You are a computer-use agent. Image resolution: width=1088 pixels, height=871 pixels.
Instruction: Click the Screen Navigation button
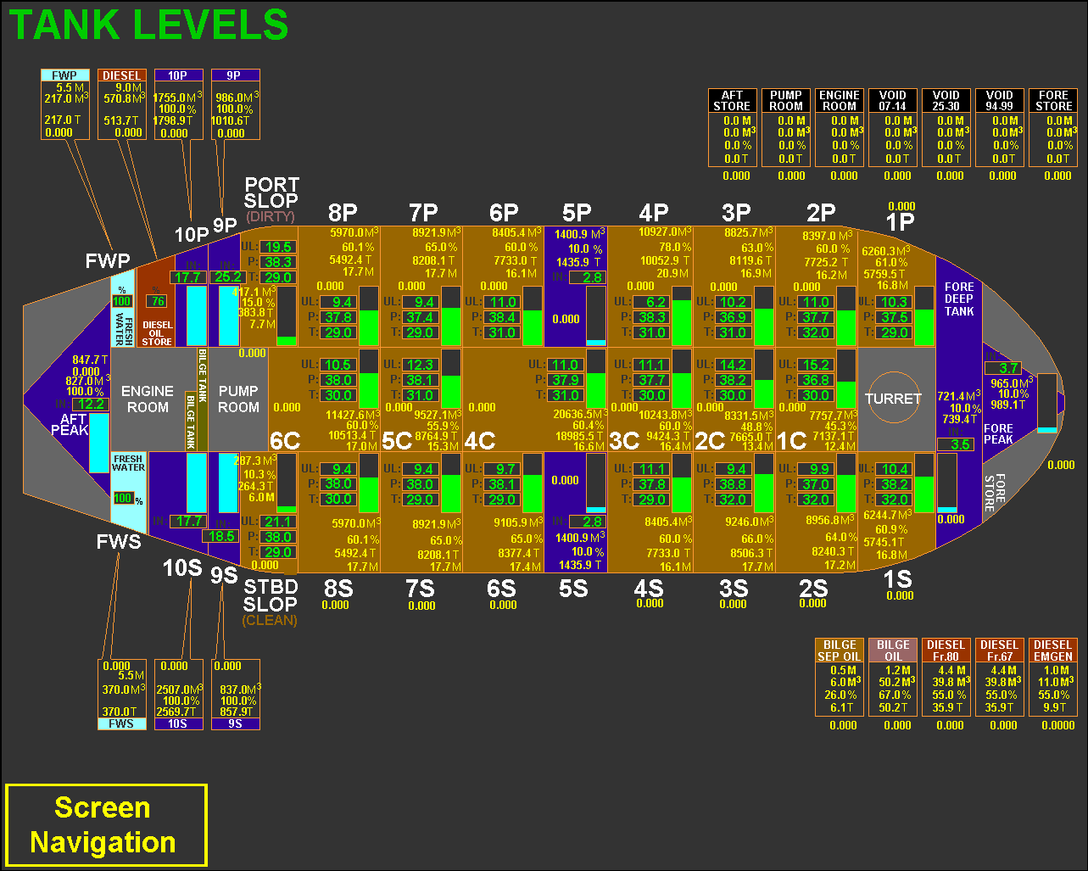[106, 825]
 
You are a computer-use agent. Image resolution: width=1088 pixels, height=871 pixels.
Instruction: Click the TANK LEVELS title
[148, 25]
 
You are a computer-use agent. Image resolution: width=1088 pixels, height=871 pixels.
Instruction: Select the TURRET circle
[893, 398]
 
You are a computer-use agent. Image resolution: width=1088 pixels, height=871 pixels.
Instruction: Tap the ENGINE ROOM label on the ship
[148, 399]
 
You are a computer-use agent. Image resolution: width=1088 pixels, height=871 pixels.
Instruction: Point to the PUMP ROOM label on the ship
[238, 399]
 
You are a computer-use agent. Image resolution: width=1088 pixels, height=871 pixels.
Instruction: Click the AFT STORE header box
[732, 101]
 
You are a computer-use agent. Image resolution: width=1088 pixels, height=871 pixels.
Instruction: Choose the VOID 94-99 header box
[1000, 101]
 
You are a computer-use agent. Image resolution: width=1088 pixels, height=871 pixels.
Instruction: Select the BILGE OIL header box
[893, 650]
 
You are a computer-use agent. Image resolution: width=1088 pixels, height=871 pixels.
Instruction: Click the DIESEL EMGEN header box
[1053, 650]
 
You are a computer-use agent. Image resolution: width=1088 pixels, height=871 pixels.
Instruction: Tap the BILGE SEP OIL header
[840, 650]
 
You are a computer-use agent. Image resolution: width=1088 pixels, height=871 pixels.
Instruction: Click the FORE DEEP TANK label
[959, 299]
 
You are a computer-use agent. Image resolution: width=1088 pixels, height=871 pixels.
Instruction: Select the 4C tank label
[480, 440]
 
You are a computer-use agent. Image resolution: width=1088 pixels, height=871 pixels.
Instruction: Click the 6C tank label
[285, 440]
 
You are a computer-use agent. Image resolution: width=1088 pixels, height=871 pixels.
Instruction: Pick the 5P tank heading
[577, 213]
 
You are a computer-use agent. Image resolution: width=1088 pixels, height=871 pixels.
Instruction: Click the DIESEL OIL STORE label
[157, 333]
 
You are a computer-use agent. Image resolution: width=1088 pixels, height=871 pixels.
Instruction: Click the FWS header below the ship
[121, 724]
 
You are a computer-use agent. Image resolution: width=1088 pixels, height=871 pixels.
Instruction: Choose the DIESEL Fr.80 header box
[946, 650]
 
